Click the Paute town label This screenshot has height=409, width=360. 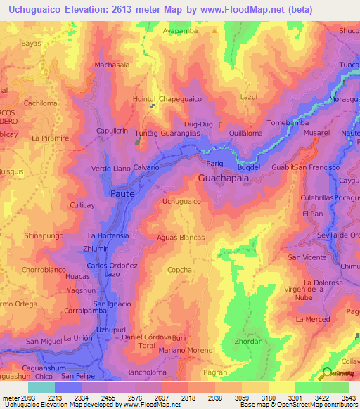coord(122,192)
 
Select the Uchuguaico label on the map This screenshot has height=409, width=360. coord(182,202)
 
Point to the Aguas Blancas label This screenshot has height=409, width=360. coord(181,238)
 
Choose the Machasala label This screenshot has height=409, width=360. coord(112,65)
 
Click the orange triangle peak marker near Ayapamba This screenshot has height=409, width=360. coord(215,31)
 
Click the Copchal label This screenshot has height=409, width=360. coord(181,270)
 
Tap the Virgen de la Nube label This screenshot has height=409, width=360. coord(307,293)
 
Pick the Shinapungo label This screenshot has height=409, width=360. coord(44,235)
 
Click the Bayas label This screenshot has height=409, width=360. coord(31,43)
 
